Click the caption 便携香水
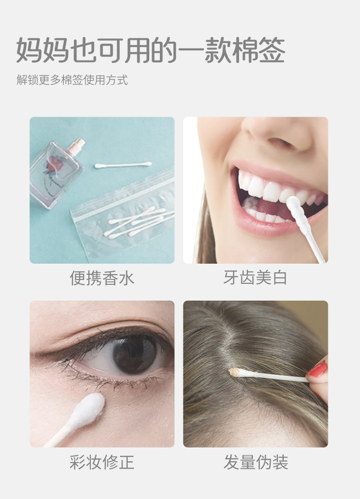pyautogui.click(x=102, y=278)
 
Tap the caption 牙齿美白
pyautogui.click(x=255, y=278)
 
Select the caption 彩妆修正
pyautogui.click(x=102, y=462)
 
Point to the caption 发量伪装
pyautogui.click(x=256, y=462)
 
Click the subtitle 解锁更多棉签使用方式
pyautogui.click(x=72, y=80)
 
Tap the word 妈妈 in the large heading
pyautogui.click(x=43, y=50)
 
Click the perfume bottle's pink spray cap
pyautogui.click(x=77, y=144)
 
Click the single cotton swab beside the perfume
pyautogui.click(x=123, y=165)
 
